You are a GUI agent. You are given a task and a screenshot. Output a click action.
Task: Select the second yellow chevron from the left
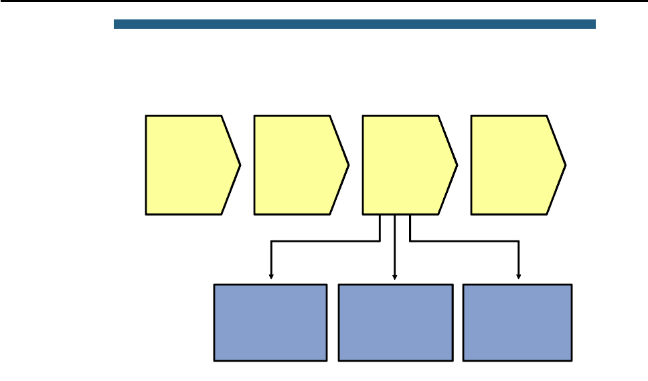[x=297, y=165]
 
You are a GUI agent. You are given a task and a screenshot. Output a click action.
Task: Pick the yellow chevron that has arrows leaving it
[x=406, y=165]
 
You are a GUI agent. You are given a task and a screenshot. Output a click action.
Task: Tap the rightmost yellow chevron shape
[x=514, y=165]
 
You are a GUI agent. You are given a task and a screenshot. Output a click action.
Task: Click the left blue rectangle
[x=270, y=323]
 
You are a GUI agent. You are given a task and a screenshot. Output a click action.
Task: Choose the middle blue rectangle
[x=396, y=323]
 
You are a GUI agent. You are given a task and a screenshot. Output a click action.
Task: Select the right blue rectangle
[x=517, y=323]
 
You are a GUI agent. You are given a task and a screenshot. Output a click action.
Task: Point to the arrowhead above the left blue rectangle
[x=271, y=275]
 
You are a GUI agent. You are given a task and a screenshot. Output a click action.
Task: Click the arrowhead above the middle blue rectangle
[x=395, y=275]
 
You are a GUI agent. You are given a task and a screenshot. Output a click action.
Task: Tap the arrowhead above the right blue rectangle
[x=519, y=275]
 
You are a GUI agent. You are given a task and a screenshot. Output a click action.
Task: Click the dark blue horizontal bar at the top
[x=355, y=24]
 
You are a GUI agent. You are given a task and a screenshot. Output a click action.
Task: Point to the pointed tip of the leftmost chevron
[x=240, y=165]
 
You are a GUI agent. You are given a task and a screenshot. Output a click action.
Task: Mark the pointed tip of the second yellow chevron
[x=348, y=165]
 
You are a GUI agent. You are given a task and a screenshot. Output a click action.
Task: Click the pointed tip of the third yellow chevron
[x=457, y=165]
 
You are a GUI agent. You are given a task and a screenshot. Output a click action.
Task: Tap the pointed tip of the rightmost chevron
[x=566, y=165]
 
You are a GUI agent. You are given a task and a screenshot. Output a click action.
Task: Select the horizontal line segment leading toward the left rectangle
[x=325, y=241]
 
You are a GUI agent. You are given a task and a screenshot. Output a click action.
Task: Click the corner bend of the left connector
[x=271, y=241]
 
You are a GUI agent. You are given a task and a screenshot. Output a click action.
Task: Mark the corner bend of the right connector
[x=519, y=241]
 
